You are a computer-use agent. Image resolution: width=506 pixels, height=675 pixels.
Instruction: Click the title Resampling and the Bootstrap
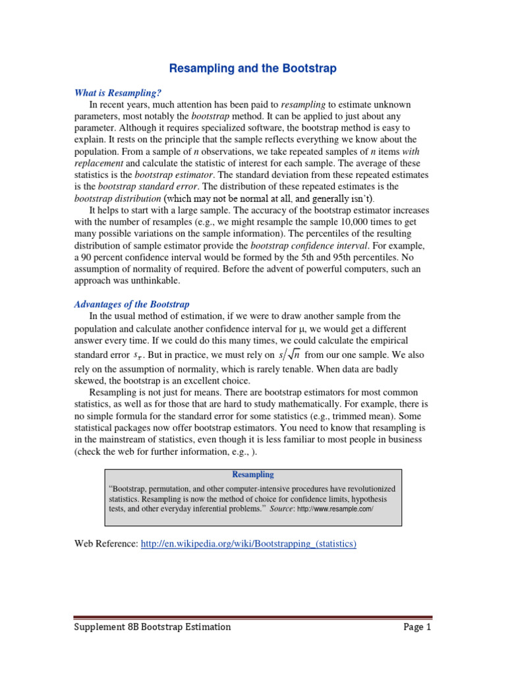point(252,68)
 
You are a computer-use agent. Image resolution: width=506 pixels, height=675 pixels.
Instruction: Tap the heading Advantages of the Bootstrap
point(131,304)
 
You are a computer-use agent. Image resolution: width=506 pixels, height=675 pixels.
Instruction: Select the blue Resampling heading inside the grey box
point(253,475)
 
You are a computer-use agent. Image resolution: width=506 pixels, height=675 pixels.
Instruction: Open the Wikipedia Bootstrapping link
point(249,543)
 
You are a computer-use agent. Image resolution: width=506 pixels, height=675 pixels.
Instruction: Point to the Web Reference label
point(106,543)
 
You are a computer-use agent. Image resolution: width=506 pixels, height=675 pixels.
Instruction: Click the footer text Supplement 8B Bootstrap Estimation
point(152,627)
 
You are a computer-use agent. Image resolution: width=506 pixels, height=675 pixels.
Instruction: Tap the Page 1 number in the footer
point(416,627)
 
